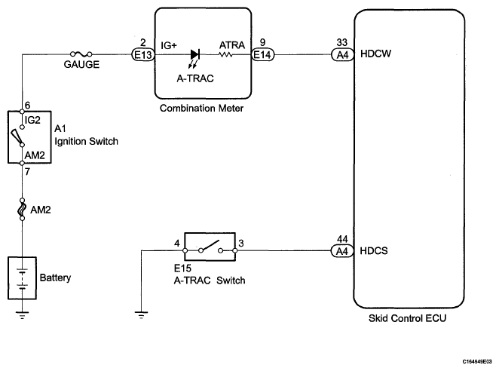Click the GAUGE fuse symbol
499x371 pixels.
click(x=81, y=54)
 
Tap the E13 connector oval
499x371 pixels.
click(x=143, y=55)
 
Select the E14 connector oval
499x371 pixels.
click(x=262, y=55)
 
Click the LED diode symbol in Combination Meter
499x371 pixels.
click(x=194, y=54)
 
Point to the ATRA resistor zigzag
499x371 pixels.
click(x=225, y=55)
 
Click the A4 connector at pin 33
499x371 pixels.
click(x=342, y=55)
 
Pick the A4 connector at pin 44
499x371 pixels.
click(x=342, y=251)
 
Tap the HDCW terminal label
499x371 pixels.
click(x=375, y=54)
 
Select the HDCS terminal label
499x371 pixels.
click(x=374, y=251)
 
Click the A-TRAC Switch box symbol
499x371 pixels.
click(x=210, y=247)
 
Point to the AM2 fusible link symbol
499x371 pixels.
click(x=22, y=209)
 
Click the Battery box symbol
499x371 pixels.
click(x=22, y=278)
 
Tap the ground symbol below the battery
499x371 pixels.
click(x=22, y=315)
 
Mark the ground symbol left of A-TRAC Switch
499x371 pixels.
click(x=141, y=315)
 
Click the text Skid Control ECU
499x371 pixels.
click(x=407, y=318)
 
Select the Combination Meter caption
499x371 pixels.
click(x=201, y=109)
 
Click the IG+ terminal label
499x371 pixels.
click(x=169, y=45)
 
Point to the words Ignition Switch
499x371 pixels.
click(x=86, y=142)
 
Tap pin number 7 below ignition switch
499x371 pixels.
click(x=27, y=172)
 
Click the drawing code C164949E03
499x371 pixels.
click(x=477, y=361)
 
